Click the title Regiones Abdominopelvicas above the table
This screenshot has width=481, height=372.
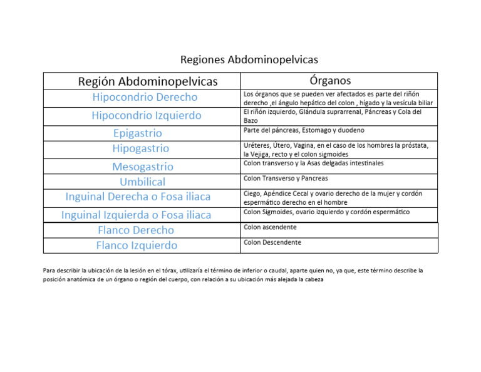point(249,59)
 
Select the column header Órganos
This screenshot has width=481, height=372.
point(330,81)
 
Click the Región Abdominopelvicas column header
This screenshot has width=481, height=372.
point(148,81)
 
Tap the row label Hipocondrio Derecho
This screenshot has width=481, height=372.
point(145,97)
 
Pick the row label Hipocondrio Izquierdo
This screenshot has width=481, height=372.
point(147,115)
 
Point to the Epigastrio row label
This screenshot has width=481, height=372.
point(138,133)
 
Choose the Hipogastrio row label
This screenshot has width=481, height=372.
point(141,148)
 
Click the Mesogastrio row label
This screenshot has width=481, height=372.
point(143,167)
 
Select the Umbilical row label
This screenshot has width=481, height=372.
point(143,182)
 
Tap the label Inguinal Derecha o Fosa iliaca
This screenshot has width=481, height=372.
point(138,197)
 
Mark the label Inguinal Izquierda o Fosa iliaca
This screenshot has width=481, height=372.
point(137,215)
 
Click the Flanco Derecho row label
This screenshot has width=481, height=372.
point(136,230)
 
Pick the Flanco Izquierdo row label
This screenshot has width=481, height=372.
point(137,245)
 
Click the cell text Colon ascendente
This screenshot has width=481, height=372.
point(270,227)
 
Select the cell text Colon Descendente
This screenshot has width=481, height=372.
point(272,242)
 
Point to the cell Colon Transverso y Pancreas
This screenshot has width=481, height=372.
point(286,178)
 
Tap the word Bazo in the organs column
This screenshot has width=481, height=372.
point(251,120)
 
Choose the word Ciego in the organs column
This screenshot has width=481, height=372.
point(252,194)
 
